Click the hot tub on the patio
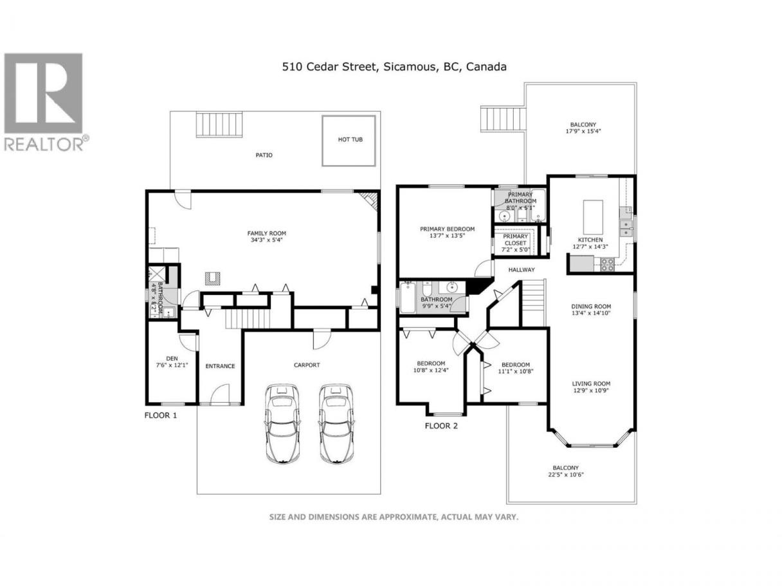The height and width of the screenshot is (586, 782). tap(349, 140)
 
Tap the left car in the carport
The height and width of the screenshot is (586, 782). tap(282, 423)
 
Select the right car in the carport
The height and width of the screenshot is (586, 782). tap(336, 423)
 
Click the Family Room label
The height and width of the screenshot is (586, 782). tap(266, 233)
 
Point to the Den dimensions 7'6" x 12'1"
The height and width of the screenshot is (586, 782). tap(172, 365)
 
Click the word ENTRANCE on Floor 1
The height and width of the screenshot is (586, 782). tap(220, 366)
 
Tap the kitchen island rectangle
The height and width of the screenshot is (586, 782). tap(593, 217)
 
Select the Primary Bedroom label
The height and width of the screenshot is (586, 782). tap(447, 229)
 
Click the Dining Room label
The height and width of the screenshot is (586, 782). tap(591, 306)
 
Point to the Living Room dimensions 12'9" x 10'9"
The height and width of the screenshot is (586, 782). tap(591, 390)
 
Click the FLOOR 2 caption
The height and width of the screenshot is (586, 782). tap(441, 425)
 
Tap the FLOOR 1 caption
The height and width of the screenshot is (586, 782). tap(160, 415)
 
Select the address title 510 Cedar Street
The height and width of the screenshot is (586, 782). tap(329, 67)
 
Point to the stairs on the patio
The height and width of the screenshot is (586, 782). tap(219, 124)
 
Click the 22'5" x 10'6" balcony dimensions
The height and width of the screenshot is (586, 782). tap(566, 474)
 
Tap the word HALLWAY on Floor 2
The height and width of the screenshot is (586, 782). tap(521, 270)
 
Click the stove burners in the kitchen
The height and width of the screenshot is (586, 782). tap(607, 264)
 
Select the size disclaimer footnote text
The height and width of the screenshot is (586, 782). tap(394, 517)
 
